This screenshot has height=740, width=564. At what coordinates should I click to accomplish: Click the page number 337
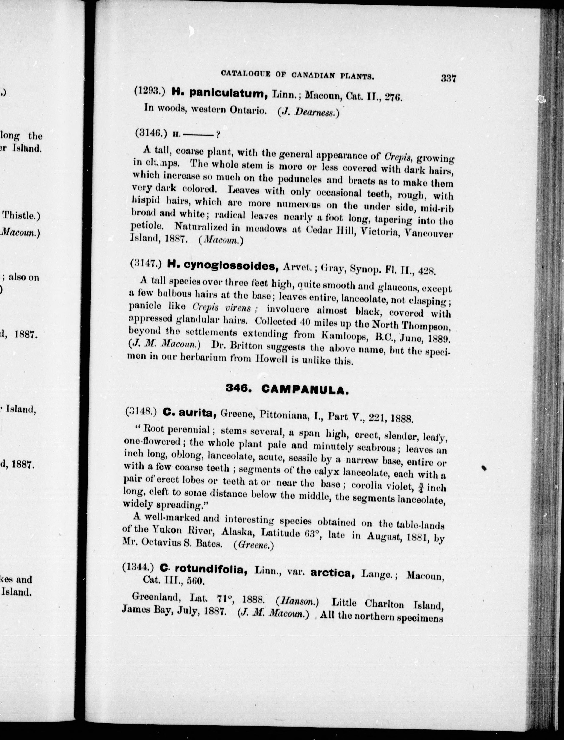(449, 79)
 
